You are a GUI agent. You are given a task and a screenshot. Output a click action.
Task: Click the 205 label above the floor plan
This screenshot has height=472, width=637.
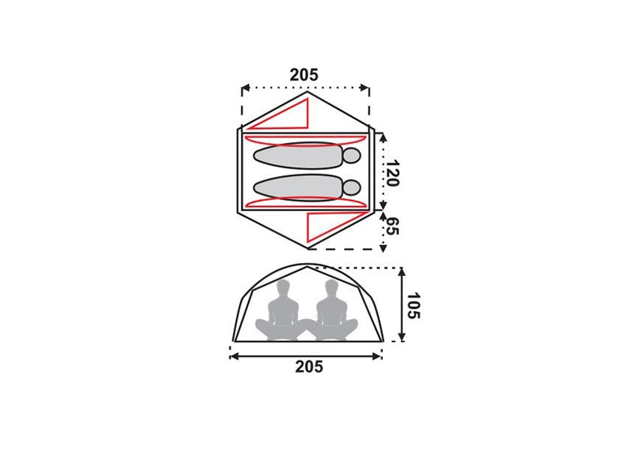(x=304, y=75)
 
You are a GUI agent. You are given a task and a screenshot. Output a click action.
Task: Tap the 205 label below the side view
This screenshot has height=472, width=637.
(x=310, y=367)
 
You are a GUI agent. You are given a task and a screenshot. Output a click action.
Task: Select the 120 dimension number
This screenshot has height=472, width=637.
(x=392, y=173)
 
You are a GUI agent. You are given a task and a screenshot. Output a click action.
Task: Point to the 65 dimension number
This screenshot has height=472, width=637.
(x=392, y=226)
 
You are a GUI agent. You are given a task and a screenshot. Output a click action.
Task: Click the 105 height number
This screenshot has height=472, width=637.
(x=413, y=306)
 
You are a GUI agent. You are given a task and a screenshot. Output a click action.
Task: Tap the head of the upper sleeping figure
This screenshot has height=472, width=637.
(x=351, y=156)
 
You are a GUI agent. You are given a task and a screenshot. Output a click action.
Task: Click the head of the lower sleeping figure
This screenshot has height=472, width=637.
(x=351, y=188)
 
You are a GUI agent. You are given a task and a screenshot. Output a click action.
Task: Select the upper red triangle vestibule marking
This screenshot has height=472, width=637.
(x=286, y=115)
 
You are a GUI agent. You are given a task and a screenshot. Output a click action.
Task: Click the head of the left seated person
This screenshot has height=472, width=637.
(x=283, y=288)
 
